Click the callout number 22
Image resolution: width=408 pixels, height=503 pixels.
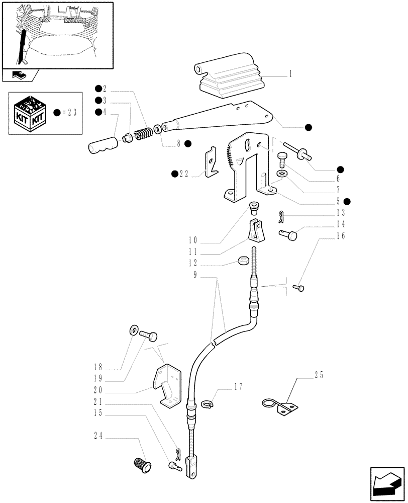pyautogui.click(x=184, y=174)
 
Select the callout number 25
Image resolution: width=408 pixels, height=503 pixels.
pyautogui.click(x=319, y=375)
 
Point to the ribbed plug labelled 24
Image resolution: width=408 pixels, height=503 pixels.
pyautogui.click(x=142, y=464)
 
